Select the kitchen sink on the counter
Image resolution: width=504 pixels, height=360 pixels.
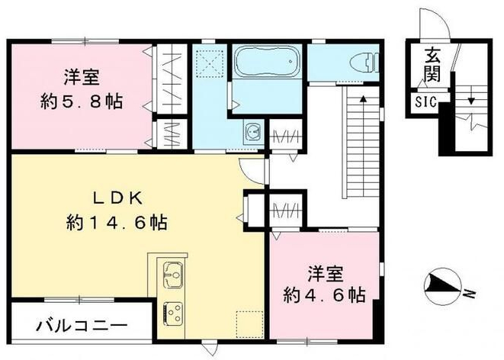coord(170,274)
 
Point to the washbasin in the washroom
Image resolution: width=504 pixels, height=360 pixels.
coord(252,133)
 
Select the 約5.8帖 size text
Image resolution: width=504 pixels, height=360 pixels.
coord(82,101)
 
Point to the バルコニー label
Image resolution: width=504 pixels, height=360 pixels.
coord(81,326)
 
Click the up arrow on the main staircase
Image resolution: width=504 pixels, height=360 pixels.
coord(364,99)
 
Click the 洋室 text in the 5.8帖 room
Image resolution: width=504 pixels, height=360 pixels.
coord(82,76)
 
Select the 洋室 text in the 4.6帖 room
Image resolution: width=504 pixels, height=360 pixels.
coord(325,272)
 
